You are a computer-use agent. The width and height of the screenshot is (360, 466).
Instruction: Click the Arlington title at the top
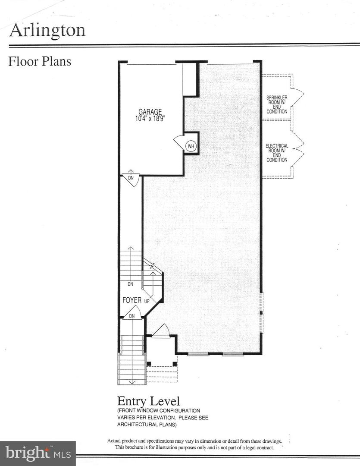tap(47, 30)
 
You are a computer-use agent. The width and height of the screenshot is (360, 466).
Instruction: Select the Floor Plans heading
tap(40, 61)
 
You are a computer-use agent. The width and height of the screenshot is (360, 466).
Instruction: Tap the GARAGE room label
tap(150, 112)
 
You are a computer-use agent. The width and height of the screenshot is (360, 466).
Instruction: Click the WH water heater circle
tap(191, 146)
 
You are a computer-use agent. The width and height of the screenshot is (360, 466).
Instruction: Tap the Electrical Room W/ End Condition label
tap(277, 153)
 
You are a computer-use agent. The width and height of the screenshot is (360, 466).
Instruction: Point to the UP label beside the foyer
tap(147, 301)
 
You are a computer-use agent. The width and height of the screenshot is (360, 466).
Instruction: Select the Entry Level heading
tap(148, 401)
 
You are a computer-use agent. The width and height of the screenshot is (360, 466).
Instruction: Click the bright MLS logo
tap(38, 453)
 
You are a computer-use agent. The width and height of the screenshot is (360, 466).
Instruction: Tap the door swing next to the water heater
tap(178, 142)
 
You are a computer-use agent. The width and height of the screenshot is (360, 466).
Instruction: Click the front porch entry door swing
tap(161, 330)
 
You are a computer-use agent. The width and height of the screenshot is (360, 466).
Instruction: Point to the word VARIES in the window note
tap(128, 417)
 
